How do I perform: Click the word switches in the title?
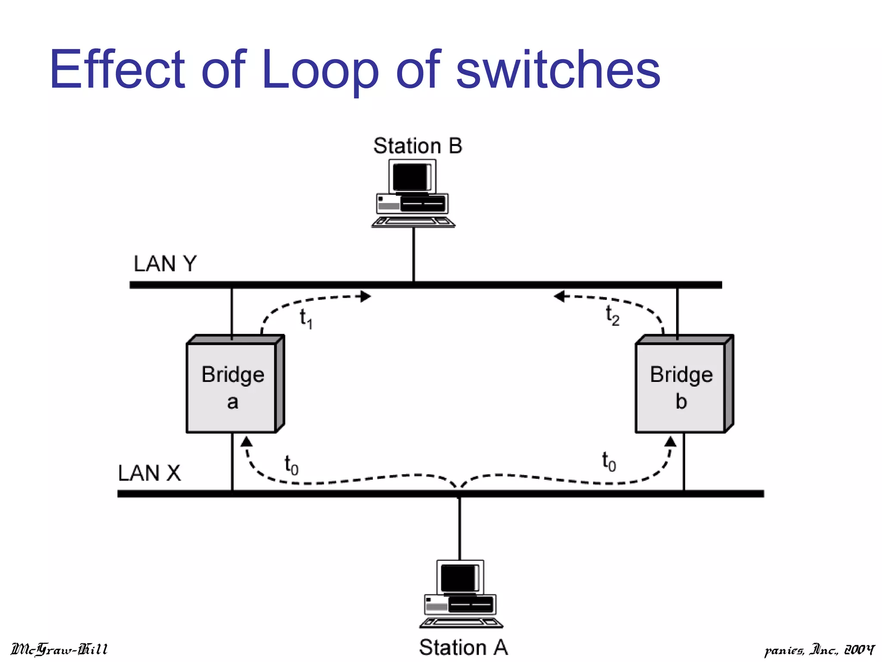pyautogui.click(x=558, y=70)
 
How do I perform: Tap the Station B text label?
pyautogui.click(x=417, y=146)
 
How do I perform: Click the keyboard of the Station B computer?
pyautogui.click(x=413, y=222)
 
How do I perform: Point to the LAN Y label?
pyautogui.click(x=165, y=263)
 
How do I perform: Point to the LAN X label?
pyautogui.click(x=149, y=473)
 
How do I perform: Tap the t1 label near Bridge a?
pyautogui.click(x=306, y=319)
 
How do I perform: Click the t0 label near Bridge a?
pyautogui.click(x=291, y=465)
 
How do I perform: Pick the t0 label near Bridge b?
pyautogui.click(x=609, y=462)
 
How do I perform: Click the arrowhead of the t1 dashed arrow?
pyautogui.click(x=366, y=296)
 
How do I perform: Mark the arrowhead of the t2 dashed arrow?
pyautogui.click(x=559, y=296)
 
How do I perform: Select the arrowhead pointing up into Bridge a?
pyautogui.click(x=246, y=441)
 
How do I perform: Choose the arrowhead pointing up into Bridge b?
pyautogui.click(x=670, y=441)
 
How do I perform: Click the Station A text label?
pyautogui.click(x=463, y=647)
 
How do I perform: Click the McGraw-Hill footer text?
pyautogui.click(x=59, y=649)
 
